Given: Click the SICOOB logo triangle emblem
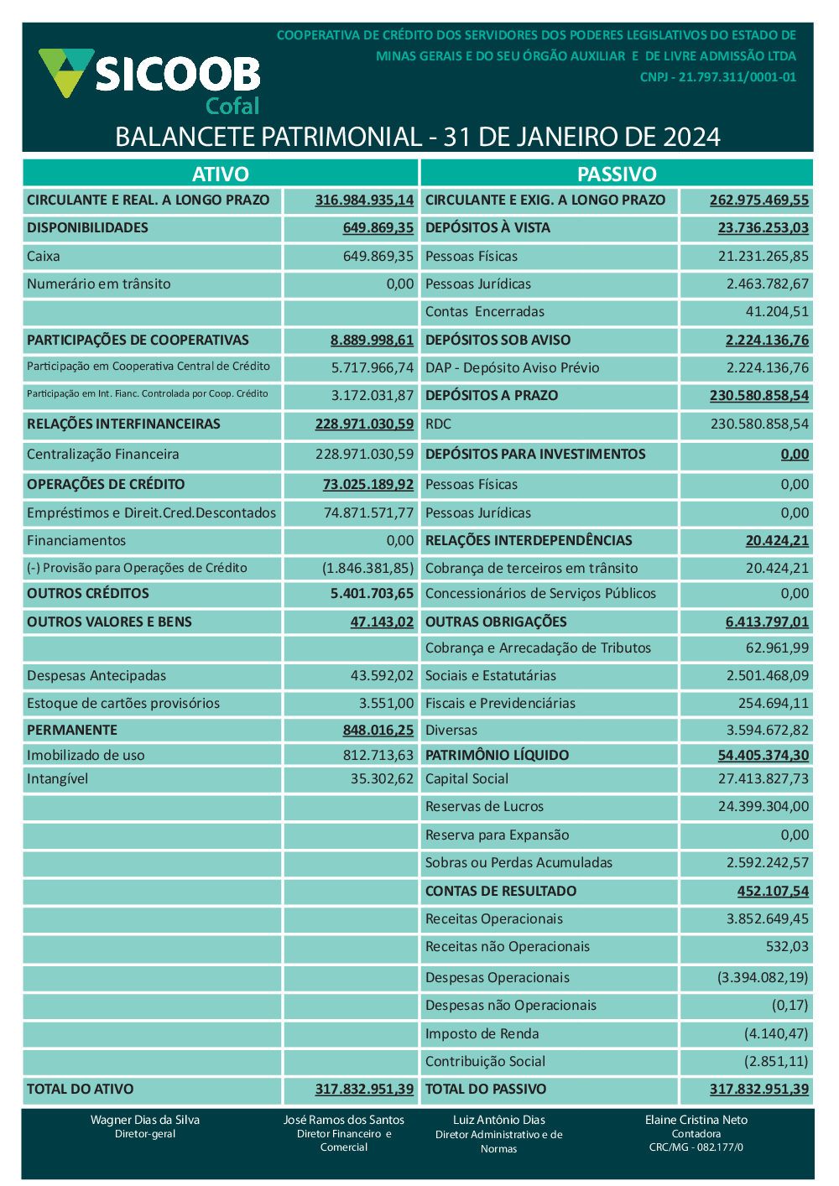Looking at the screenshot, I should click(x=66, y=70).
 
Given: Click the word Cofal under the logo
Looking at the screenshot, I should click(x=232, y=107).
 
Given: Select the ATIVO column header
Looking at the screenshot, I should click(x=221, y=174).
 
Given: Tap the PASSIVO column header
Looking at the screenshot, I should click(x=617, y=174).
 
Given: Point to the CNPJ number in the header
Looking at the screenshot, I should click(x=718, y=77).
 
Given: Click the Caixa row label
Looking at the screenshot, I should click(x=44, y=256).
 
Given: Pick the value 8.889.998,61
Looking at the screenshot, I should click(x=372, y=340).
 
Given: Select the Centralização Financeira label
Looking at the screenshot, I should click(x=102, y=454).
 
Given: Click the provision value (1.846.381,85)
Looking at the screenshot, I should click(x=367, y=568).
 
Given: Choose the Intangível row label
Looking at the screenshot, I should click(x=57, y=778).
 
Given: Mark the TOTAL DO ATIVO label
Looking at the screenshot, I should click(x=80, y=1089).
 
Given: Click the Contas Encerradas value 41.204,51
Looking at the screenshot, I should click(x=777, y=311).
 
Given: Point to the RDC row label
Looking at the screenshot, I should click(x=438, y=424).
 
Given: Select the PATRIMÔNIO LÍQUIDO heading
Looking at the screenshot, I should click(x=497, y=755).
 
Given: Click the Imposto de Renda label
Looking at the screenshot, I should click(x=482, y=1033).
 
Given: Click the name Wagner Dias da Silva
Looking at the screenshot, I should click(x=145, y=1120).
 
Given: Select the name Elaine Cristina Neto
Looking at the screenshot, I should click(x=696, y=1120).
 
